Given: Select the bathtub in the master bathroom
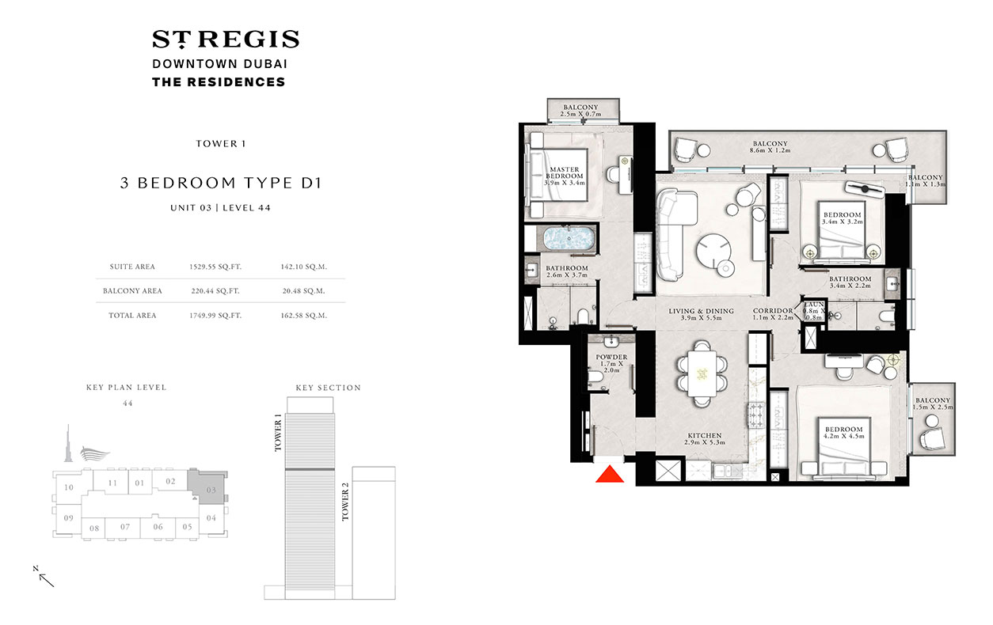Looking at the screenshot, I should click(x=566, y=239).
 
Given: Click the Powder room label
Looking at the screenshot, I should click(x=611, y=358).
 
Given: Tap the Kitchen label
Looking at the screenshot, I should click(x=704, y=436).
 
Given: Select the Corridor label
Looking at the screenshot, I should click(x=773, y=311).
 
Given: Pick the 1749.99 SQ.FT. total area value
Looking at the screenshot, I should click(x=215, y=315).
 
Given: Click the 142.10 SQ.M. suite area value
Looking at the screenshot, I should click(x=303, y=267).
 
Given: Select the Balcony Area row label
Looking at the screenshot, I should click(x=132, y=291).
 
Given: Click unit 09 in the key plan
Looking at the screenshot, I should click(x=69, y=517).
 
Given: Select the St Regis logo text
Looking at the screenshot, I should click(x=226, y=40).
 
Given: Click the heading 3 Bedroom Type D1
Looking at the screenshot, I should click(x=219, y=184).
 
